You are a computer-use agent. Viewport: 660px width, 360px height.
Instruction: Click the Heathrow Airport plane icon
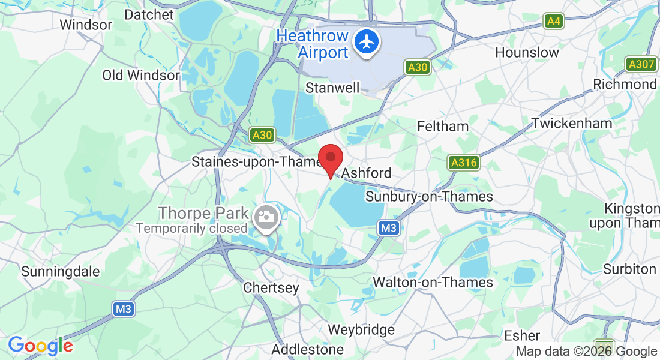(366, 42)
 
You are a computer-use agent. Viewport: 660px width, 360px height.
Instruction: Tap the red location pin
(330, 158)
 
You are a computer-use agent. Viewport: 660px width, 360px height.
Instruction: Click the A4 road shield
(554, 22)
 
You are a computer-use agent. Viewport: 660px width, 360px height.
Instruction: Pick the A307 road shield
(641, 64)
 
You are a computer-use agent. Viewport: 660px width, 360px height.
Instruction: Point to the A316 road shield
(464, 163)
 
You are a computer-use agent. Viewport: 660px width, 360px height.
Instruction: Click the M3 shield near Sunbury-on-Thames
(388, 228)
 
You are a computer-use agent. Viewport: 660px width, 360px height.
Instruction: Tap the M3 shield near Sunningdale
(123, 309)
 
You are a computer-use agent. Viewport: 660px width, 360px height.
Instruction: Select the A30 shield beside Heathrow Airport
(416, 67)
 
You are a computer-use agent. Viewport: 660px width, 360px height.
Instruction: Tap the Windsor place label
(86, 25)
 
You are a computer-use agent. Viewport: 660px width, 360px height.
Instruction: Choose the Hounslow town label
(527, 52)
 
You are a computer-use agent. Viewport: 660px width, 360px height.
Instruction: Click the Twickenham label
(572, 123)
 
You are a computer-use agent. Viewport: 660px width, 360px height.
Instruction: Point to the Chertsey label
(271, 288)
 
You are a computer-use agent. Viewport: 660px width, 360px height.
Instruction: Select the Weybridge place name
(361, 329)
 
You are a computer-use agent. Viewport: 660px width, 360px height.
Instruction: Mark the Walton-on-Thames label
(433, 282)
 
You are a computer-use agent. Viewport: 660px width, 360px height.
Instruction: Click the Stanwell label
(332, 88)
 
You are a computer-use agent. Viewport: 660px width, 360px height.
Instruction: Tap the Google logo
(40, 346)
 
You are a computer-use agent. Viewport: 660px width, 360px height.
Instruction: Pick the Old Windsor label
(140, 75)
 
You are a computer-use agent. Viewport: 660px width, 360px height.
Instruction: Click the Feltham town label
(443, 126)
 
